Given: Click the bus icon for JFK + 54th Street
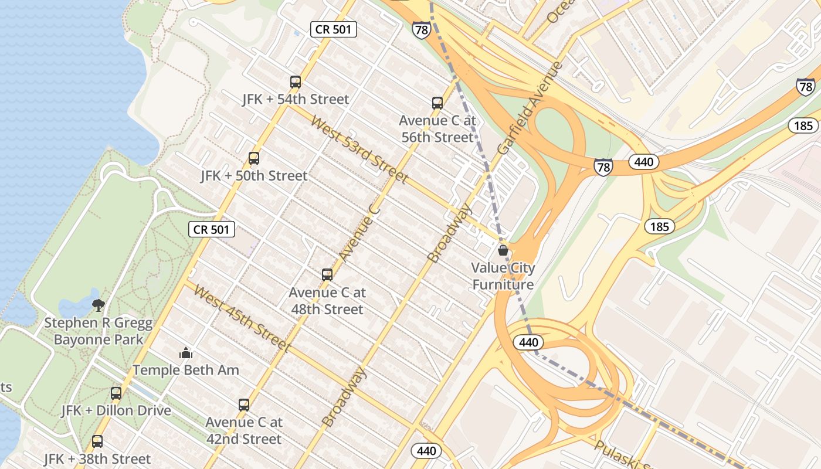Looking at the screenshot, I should pyautogui.click(x=296, y=82).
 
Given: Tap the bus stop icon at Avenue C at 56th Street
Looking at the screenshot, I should pyautogui.click(x=437, y=103).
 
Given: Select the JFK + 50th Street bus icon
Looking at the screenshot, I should pyautogui.click(x=254, y=158).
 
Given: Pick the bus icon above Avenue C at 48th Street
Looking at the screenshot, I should pyautogui.click(x=327, y=274).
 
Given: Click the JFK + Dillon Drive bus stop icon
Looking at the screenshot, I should pyautogui.click(x=116, y=393).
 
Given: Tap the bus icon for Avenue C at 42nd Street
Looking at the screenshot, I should pyautogui.click(x=244, y=405).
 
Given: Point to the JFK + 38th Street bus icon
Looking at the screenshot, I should pyautogui.click(x=97, y=441).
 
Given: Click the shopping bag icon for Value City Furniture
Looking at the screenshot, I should pyautogui.click(x=503, y=251).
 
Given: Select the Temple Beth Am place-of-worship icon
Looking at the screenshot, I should pyautogui.click(x=186, y=353).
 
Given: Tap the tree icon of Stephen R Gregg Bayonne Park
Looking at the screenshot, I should pyautogui.click(x=99, y=305).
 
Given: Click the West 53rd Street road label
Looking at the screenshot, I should pyautogui.click(x=359, y=149).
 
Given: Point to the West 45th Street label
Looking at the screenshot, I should pyautogui.click(x=242, y=318).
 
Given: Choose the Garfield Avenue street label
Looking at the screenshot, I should pyautogui.click(x=530, y=108).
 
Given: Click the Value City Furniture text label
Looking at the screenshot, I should pyautogui.click(x=503, y=276).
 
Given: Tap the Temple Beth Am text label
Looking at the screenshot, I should pyautogui.click(x=186, y=370).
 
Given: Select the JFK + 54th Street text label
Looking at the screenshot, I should pyautogui.click(x=296, y=100).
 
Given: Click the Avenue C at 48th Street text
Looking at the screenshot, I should pyautogui.click(x=327, y=301).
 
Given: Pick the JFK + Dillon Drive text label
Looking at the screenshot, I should pyautogui.click(x=116, y=410).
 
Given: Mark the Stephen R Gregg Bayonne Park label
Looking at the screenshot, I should pyautogui.click(x=99, y=331).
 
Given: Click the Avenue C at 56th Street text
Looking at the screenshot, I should pyautogui.click(x=437, y=129).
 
